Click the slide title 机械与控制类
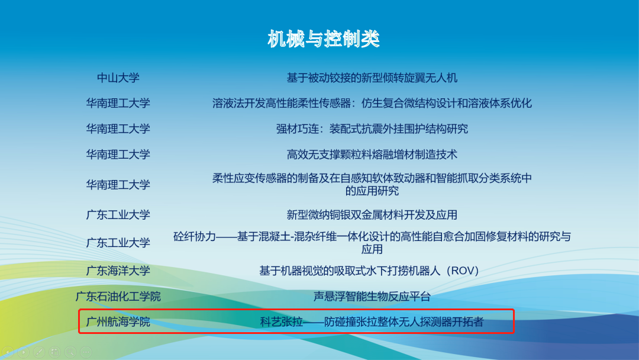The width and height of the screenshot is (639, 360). click(324, 39)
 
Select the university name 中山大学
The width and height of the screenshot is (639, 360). click(118, 78)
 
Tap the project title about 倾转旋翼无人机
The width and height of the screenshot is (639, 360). click(372, 78)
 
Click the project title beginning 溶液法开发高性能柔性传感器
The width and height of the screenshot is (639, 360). click(372, 103)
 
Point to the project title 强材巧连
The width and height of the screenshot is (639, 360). click(372, 129)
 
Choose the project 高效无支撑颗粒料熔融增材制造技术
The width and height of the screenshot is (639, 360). click(372, 155)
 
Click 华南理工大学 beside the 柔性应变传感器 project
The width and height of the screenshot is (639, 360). click(118, 185)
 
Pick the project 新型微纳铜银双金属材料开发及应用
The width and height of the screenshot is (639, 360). click(372, 215)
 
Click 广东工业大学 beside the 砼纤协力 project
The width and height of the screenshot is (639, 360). click(118, 243)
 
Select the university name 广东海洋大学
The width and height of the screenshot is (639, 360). click(118, 271)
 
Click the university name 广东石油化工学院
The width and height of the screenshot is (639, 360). click(118, 297)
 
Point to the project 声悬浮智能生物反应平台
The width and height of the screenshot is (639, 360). click(372, 297)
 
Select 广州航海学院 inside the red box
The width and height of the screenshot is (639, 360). click(118, 322)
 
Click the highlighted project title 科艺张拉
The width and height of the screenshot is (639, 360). click(372, 322)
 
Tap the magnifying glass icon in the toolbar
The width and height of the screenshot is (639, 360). click(70, 352)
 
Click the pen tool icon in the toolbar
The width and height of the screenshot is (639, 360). click(39, 352)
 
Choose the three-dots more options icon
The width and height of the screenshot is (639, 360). click(86, 352)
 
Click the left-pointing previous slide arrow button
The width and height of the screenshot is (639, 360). click(8, 352)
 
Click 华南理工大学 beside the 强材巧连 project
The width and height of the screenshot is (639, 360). click(118, 129)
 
